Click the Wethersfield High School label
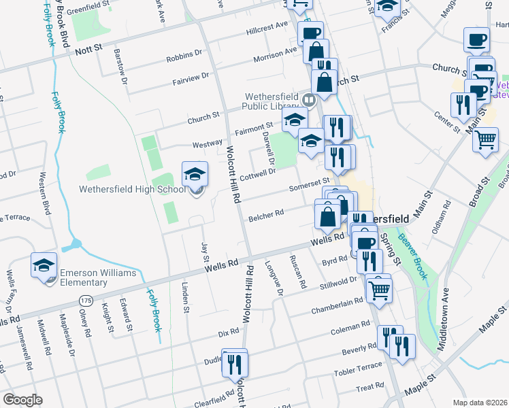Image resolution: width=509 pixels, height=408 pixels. tap(132, 189)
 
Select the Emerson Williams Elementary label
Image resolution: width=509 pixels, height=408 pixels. tap(98, 277)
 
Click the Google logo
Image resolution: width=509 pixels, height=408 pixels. tap(22, 400)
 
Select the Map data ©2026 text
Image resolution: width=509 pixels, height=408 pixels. tap(480, 401)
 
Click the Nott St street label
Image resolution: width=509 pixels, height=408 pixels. tap(88, 50)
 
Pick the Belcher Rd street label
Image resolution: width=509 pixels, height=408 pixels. tap(266, 215)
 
